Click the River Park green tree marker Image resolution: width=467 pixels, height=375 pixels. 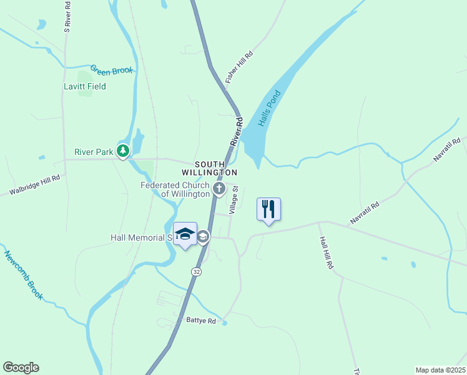[124, 151]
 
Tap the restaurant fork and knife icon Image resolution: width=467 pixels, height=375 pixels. [268, 209]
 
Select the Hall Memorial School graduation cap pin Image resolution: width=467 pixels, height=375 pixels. [185, 234]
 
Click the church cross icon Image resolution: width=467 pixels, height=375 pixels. [219, 188]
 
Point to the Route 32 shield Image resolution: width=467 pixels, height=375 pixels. [197, 272]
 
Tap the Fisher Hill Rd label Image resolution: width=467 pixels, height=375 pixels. [240, 68]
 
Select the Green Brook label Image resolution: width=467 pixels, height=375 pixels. [112, 70]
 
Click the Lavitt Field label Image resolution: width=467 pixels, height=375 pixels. [84, 86]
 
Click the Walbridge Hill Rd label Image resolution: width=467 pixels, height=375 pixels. [34, 186]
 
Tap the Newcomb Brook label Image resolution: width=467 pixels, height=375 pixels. [23, 275]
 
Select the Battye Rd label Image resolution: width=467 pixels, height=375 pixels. [200, 321]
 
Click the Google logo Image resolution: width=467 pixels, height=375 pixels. [21, 367]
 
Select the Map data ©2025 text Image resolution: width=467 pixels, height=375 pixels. [440, 370]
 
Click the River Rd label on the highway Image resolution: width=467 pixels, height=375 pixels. [235, 132]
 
